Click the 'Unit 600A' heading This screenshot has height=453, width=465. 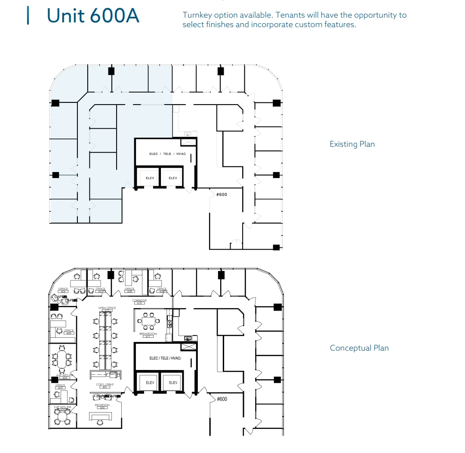(x=92, y=15)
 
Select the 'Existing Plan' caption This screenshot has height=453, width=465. (x=352, y=144)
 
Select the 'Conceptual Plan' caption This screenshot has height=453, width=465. (x=359, y=348)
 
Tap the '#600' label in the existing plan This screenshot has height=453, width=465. (x=222, y=194)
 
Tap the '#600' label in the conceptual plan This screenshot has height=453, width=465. (x=222, y=399)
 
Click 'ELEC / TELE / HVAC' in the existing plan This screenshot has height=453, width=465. (x=167, y=154)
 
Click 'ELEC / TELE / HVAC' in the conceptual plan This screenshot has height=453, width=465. (x=165, y=358)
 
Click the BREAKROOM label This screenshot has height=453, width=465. (x=148, y=334)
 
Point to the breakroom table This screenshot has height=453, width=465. (x=149, y=320)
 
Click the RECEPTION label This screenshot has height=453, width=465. (x=102, y=405)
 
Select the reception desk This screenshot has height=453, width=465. (x=100, y=416)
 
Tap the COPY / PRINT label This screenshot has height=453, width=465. (x=104, y=384)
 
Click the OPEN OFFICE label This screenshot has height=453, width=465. (x=107, y=308)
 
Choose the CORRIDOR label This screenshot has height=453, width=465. (x=139, y=301)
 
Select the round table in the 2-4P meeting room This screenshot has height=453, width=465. (x=63, y=416)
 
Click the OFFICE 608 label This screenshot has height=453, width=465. (x=129, y=290)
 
